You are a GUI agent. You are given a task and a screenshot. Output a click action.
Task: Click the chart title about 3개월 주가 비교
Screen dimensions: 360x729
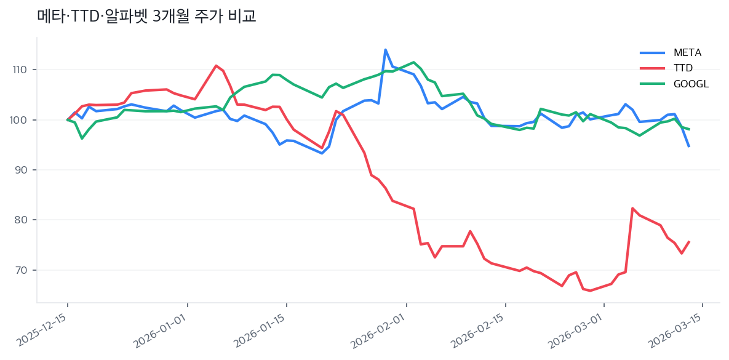tap(146, 17)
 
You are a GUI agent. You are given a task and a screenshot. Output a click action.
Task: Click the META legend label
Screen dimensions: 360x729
tap(688, 52)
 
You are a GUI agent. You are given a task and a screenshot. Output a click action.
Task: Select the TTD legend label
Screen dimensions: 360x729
tap(683, 68)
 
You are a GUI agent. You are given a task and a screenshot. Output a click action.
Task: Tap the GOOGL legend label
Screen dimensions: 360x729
tap(691, 84)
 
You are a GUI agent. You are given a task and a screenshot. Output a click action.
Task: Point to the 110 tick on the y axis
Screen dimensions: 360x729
tap(20, 70)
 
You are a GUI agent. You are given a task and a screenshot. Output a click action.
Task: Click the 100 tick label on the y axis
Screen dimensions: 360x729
tap(20, 119)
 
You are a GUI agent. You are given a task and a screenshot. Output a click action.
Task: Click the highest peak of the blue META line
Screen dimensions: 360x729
tap(385, 50)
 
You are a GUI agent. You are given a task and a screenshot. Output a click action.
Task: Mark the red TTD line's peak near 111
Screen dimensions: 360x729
tap(216, 65)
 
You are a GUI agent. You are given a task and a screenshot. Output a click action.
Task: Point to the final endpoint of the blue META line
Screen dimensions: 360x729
tap(689, 146)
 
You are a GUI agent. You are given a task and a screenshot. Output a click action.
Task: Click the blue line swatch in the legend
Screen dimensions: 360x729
tap(652, 52)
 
